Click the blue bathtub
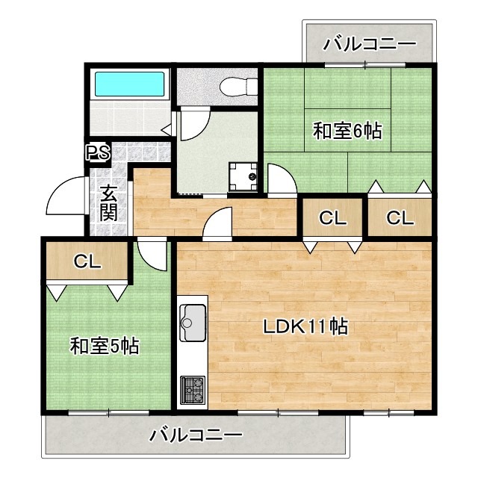point(130,84)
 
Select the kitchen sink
point(193,323)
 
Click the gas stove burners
point(193,390)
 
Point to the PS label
point(98,152)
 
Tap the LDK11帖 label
point(305,326)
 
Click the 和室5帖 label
point(105,346)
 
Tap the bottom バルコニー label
point(196,435)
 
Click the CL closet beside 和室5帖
point(87,261)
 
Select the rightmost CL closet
point(400,217)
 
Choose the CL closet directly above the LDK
point(332,217)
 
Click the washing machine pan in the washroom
point(243,177)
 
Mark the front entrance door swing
point(66,196)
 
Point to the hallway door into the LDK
point(217,223)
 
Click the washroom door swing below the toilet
point(195,123)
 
